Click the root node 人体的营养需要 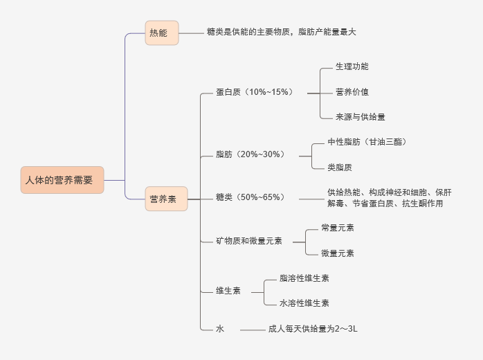[x=62, y=180]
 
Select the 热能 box [x=162, y=33]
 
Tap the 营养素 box [x=166, y=199]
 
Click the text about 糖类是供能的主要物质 [x=281, y=32]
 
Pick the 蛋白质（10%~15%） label [x=254, y=92]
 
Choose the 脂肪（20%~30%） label [x=250, y=154]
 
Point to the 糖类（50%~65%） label [x=250, y=198]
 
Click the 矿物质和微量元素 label [x=249, y=241]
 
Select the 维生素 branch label [x=228, y=291]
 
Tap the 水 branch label [x=220, y=330]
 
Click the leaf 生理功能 [x=352, y=66]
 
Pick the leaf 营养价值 [x=352, y=92]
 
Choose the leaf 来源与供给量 [x=360, y=117]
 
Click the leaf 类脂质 [x=344, y=167]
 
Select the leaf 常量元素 [x=338, y=228]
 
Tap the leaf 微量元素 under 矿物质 [x=338, y=253]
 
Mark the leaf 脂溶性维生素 [x=304, y=278]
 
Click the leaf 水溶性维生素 [x=304, y=303]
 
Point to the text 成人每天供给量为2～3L [x=313, y=330]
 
